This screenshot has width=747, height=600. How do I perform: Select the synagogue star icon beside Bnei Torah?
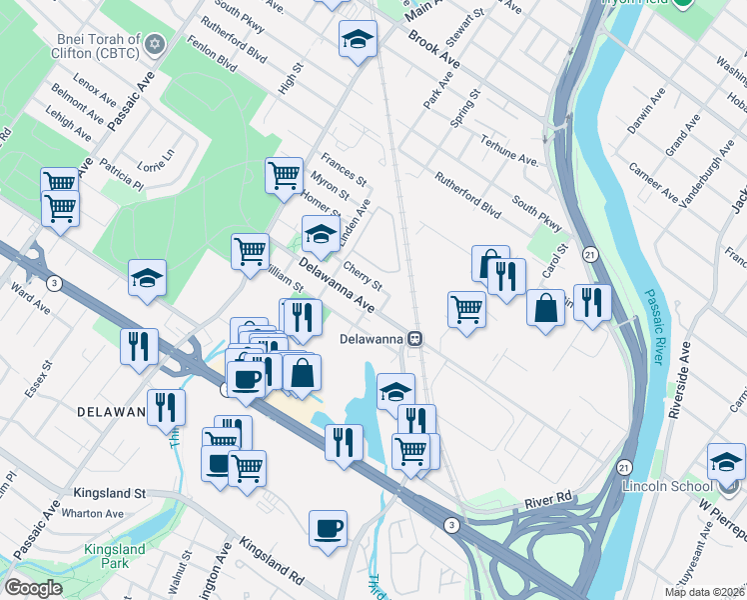[x=154, y=44]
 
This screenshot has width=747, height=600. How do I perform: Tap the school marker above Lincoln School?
[x=726, y=460]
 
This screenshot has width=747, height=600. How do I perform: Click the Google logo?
[x=33, y=588]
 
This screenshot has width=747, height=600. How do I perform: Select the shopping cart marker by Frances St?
[x=285, y=175]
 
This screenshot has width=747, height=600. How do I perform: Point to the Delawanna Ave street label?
[x=342, y=284]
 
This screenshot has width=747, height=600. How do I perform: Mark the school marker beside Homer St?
[x=320, y=235]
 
